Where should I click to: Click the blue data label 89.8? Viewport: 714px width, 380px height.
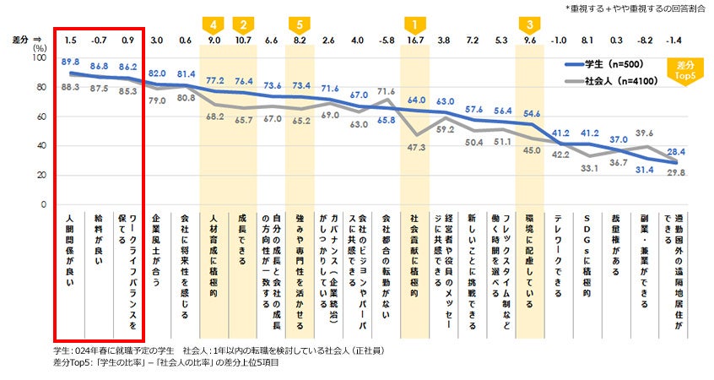tap(71, 62)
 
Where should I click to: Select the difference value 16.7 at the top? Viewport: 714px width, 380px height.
tap(414, 40)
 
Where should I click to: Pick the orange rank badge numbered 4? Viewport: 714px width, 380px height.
tap(214, 24)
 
